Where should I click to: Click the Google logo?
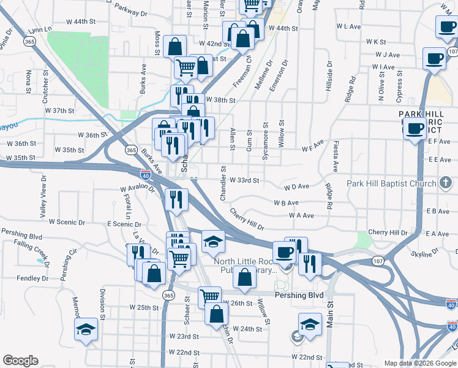(x=20, y=361)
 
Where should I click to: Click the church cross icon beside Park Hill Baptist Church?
(x=447, y=183)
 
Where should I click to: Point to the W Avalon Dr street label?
(x=137, y=188)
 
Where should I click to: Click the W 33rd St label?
(x=245, y=181)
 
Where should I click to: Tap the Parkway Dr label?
(x=130, y=13)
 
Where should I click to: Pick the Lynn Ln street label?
(x=40, y=29)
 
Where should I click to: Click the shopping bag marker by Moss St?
(x=175, y=46)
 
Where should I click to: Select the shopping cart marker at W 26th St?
(x=209, y=296)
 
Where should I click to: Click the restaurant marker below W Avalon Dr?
(x=175, y=198)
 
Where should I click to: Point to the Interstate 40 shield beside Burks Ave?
(x=146, y=174)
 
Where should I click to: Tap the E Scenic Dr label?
(x=124, y=224)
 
